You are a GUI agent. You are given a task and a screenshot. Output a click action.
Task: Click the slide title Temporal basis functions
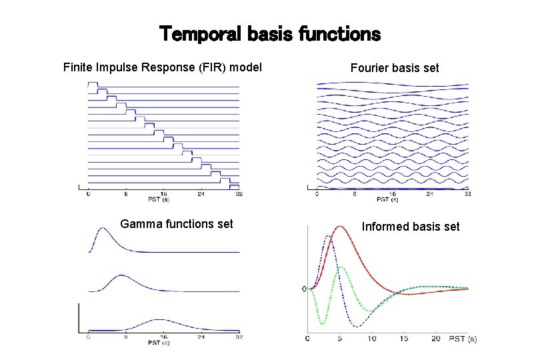tap(269, 33)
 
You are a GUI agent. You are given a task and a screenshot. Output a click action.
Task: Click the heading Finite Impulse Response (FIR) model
tap(162, 67)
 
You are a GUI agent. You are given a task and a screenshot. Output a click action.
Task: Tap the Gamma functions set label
tap(177, 224)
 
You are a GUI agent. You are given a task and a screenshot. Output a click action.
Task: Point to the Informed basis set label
tap(411, 227)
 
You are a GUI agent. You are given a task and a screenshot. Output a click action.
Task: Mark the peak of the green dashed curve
tap(341, 267)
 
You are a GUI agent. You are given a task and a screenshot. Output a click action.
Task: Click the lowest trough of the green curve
tap(322, 325)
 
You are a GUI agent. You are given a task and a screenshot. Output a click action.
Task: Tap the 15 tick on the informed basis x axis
tap(404, 339)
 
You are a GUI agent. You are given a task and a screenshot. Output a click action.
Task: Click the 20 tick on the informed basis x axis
tap(436, 339)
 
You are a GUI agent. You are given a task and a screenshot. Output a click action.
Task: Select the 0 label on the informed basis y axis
tap(304, 289)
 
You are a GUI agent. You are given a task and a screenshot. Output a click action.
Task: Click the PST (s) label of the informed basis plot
tap(462, 339)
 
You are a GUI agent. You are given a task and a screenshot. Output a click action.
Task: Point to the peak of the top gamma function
tap(101, 229)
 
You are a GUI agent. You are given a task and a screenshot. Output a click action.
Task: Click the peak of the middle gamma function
tap(121, 275)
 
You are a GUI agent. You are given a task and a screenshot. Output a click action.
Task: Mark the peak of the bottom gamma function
tap(159, 319)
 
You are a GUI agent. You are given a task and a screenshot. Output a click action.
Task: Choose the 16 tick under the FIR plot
tap(164, 194)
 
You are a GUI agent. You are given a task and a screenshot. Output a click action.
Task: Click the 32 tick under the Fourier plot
tap(467, 194)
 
